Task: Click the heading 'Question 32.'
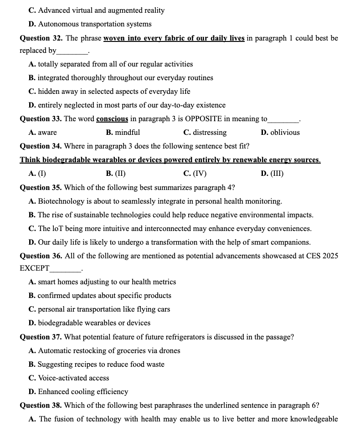[41, 38]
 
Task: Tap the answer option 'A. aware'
[43, 133]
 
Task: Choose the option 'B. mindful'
[123, 133]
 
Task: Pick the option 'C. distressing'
[205, 133]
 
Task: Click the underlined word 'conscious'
[112, 119]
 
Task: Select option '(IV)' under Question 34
[195, 174]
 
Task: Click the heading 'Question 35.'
[41, 187]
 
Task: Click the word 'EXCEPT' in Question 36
[35, 268]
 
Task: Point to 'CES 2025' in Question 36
[323, 256]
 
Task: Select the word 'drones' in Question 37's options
[170, 351]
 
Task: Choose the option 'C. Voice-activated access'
[69, 378]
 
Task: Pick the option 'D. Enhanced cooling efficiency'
[78, 392]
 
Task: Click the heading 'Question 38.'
[41, 405]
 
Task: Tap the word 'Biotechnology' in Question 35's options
[62, 201]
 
